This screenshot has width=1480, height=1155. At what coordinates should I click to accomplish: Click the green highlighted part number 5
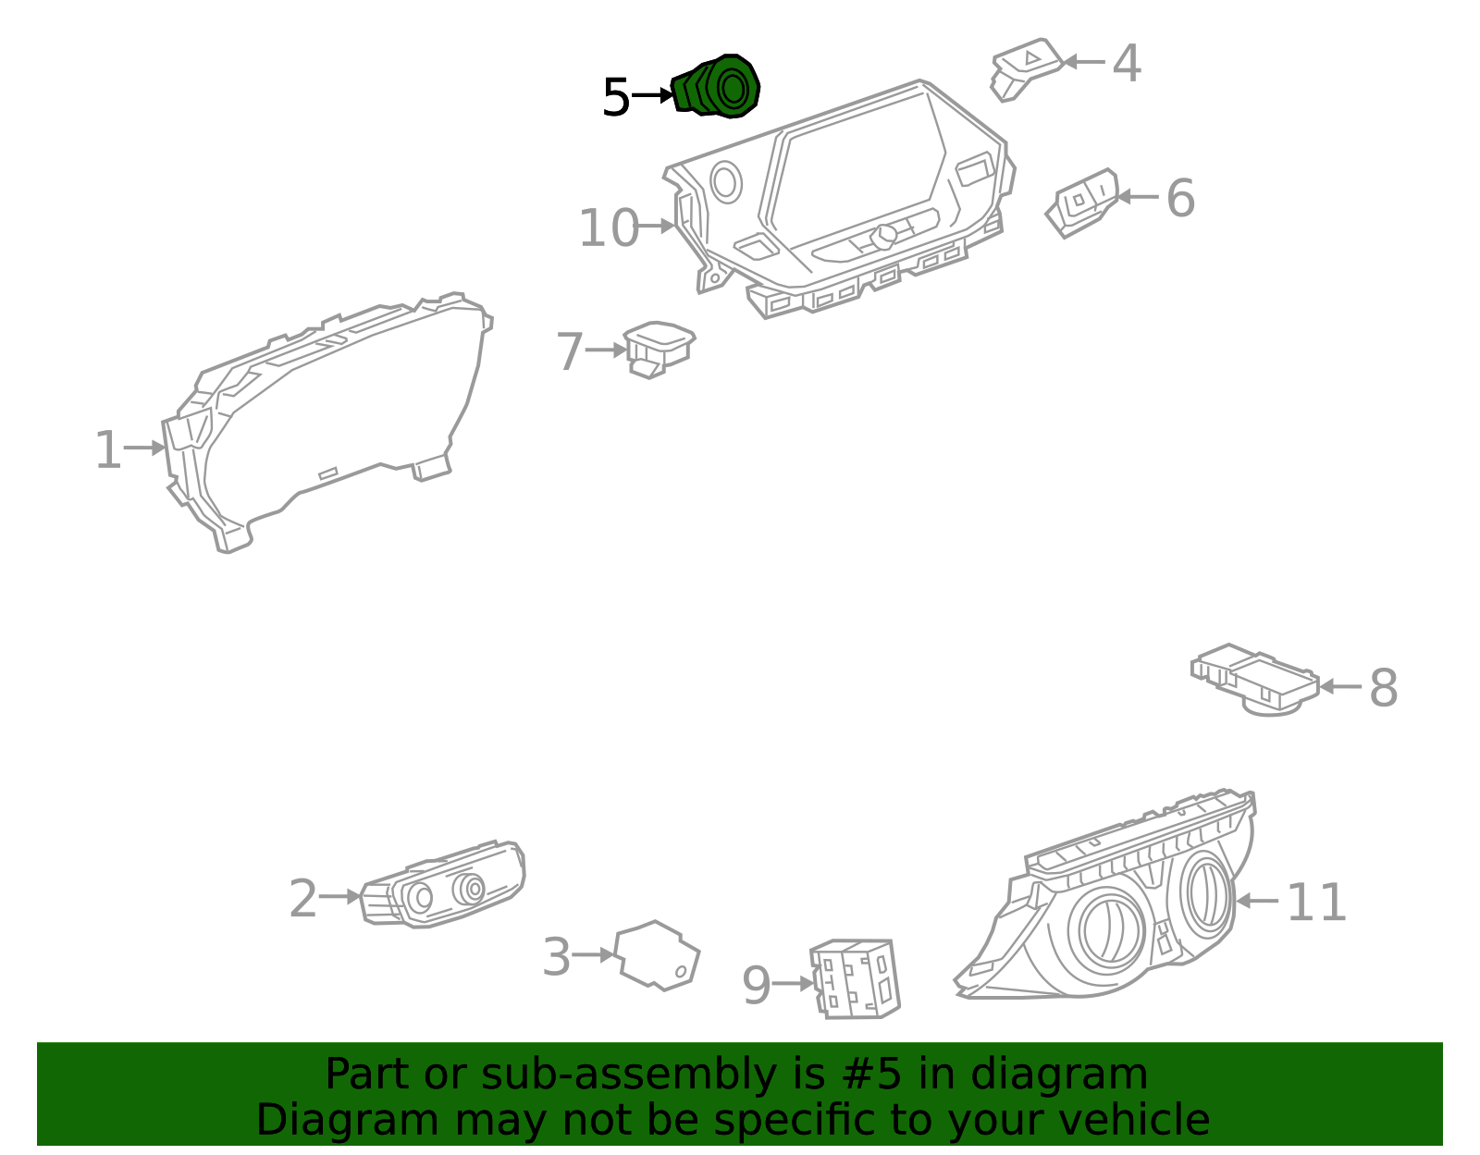click(x=717, y=87)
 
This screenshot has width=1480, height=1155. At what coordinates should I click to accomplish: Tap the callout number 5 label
click(x=615, y=97)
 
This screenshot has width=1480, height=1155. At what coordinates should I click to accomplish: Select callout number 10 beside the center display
click(x=608, y=228)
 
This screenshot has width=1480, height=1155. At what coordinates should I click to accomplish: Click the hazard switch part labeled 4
click(x=1025, y=66)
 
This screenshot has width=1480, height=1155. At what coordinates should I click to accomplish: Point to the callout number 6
click(x=1179, y=198)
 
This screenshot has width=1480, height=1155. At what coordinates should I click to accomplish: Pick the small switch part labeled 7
click(x=659, y=348)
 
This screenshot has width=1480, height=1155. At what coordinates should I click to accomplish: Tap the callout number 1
click(x=108, y=450)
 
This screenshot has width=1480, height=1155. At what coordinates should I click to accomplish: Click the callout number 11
click(x=1315, y=902)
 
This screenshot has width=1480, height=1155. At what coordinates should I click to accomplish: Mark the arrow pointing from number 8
click(x=1339, y=687)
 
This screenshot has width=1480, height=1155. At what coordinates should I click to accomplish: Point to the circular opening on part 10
click(x=726, y=181)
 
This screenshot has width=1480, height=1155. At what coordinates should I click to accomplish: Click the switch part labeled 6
click(x=1082, y=202)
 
